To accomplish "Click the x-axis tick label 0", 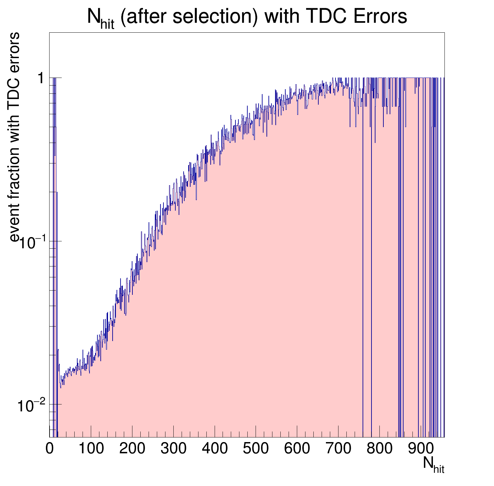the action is pos(50,449).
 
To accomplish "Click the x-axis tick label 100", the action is pos(91,449).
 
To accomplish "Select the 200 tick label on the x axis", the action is pos(132,449).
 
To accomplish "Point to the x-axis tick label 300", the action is pos(173,449).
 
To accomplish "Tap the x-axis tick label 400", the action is pos(215,449).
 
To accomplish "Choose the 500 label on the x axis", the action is pos(256,449).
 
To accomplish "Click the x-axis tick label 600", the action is pos(297,449).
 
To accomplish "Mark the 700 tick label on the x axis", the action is pos(338,449).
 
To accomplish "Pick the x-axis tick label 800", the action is pos(379,449).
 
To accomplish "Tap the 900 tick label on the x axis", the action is pos(421,449).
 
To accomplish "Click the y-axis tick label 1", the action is pos(41,78).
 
